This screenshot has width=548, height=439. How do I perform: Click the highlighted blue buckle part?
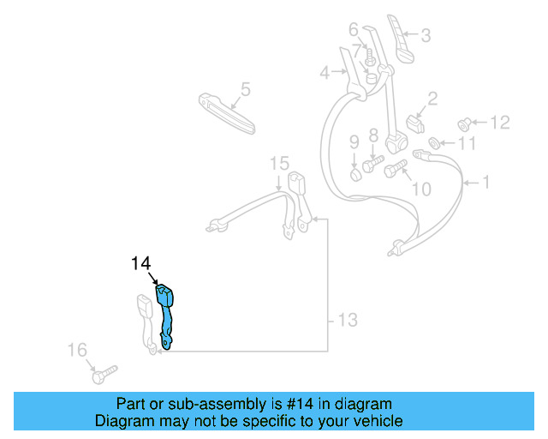pyautogui.click(x=165, y=313)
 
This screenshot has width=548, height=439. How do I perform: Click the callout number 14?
pyautogui.click(x=141, y=263)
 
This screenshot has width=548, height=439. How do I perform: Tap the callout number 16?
pyautogui.click(x=77, y=349)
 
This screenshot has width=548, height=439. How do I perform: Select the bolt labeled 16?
pyautogui.click(x=101, y=374)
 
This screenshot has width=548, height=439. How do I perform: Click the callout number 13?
pyautogui.click(x=346, y=321)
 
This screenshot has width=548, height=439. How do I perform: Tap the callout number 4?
pyautogui.click(x=325, y=74)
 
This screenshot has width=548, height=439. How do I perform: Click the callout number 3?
pyautogui.click(x=426, y=35)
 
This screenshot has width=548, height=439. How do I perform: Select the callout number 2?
pyautogui.click(x=432, y=99)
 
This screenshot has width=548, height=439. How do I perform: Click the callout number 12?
pyautogui.click(x=499, y=123)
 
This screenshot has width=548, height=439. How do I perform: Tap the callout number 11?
pyautogui.click(x=465, y=144)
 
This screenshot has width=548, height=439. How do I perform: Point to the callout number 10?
pyautogui.click(x=421, y=188)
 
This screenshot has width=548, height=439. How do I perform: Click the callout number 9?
pyautogui.click(x=354, y=141)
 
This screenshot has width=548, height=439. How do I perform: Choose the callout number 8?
pyautogui.click(x=373, y=135)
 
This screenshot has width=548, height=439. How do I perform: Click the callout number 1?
pyautogui.click(x=485, y=182)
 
